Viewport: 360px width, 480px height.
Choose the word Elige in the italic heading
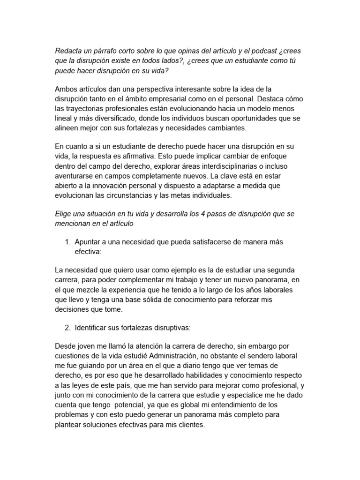click(65, 213)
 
